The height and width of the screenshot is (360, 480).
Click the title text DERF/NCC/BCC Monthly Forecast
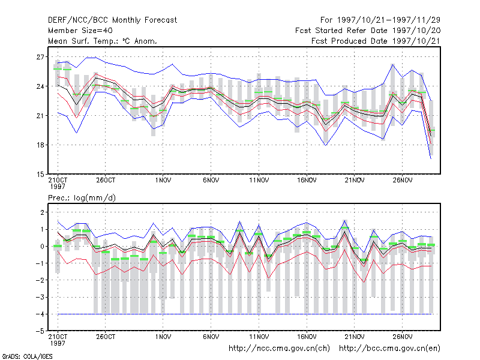(112, 20)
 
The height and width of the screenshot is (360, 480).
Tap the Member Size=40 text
(80, 31)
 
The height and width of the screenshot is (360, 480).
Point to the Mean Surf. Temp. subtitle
(103, 41)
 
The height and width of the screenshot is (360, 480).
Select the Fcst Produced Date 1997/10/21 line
(376, 41)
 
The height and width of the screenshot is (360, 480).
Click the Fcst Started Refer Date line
(368, 31)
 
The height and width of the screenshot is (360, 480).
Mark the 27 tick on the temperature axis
(40, 57)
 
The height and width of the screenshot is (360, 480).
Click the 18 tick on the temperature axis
(40, 145)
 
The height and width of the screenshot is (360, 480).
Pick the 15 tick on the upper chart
(40, 175)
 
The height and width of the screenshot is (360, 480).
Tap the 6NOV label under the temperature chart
(211, 181)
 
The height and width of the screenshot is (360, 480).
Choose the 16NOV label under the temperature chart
(307, 181)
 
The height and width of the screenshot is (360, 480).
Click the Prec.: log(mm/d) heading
(82, 198)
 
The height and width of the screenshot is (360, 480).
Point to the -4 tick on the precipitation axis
(40, 314)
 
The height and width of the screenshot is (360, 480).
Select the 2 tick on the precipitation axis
(42, 212)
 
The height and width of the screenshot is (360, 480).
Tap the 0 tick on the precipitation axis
(42, 247)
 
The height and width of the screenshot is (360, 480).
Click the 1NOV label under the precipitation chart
(163, 337)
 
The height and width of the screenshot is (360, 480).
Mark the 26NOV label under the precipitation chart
(403, 337)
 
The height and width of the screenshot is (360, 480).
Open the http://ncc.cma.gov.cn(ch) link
(279, 349)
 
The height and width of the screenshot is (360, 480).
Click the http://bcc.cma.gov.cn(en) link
(389, 349)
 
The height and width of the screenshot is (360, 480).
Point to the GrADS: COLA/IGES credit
(27, 356)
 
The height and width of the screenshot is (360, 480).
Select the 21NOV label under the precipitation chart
(355, 337)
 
